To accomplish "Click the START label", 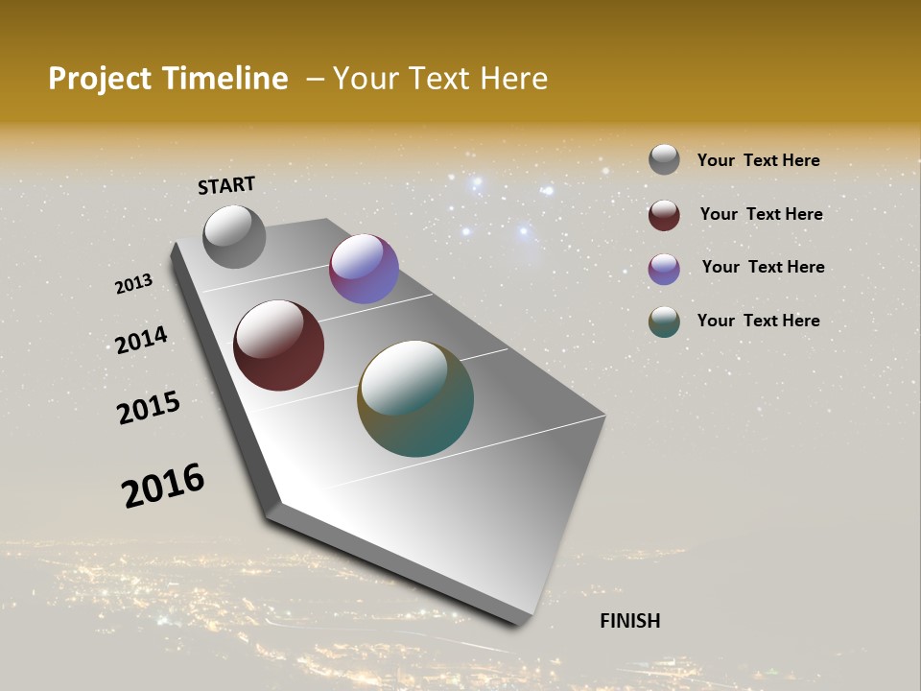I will [x=226, y=185].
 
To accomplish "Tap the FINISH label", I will [x=629, y=621].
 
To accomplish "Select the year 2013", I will [x=134, y=284].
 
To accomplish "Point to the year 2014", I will [x=141, y=340].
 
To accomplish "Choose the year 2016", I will [x=163, y=485].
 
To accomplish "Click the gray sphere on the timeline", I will [x=234, y=236].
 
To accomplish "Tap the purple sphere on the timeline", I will [x=364, y=269].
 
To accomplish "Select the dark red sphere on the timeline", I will [x=278, y=345].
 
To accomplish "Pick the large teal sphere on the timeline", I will [x=415, y=398].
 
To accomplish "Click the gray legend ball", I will [x=664, y=159].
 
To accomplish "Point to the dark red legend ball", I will [x=664, y=215].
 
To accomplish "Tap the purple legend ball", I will [x=664, y=269].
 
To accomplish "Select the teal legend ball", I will [x=664, y=322].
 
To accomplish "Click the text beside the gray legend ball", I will [x=758, y=160].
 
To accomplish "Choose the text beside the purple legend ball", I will [x=763, y=267].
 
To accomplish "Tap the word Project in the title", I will [x=101, y=79].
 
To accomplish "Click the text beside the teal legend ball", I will [x=758, y=321].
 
